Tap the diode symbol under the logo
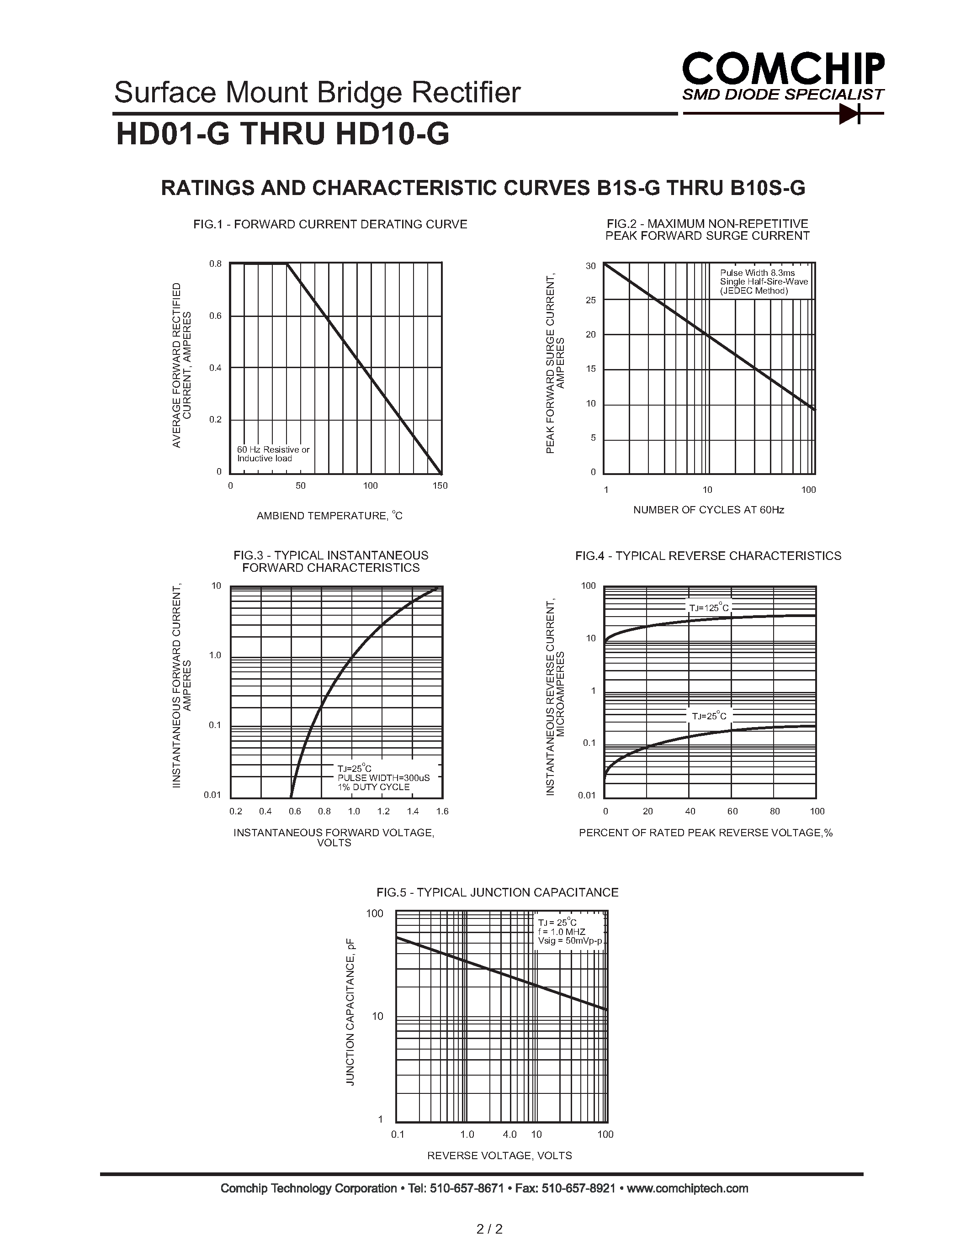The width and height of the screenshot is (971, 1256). pos(849,114)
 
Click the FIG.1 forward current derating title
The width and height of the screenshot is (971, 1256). pos(330,224)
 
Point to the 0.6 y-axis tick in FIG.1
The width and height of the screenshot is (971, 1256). pos(215,316)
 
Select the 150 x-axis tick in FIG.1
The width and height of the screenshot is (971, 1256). pos(440,486)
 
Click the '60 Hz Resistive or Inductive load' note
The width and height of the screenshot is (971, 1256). pos(273,454)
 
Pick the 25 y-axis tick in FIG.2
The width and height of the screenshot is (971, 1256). pos(591,300)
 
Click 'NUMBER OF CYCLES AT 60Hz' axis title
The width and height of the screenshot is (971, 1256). pos(708,510)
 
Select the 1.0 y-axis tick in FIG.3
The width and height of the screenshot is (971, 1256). pos(215,655)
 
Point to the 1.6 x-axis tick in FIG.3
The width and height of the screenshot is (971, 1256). pos(442,812)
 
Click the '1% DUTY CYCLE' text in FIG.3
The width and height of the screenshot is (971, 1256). pos(373,787)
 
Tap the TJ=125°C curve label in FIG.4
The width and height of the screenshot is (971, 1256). pos(709,607)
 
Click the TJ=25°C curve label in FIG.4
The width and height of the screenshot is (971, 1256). pos(709,716)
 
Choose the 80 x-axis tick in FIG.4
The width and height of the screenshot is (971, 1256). pos(775,812)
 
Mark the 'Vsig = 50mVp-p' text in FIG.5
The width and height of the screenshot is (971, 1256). pos(569,941)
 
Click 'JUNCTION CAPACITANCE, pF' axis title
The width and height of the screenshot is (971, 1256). pos(350,1012)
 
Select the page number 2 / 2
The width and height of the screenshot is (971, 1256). pos(489,1230)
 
